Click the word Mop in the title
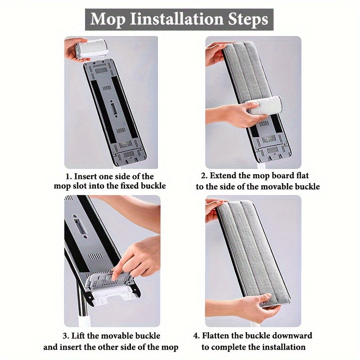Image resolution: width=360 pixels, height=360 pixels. [108, 20]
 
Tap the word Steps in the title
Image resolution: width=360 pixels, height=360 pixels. [248, 20]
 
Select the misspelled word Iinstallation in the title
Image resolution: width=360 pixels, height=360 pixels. [176, 19]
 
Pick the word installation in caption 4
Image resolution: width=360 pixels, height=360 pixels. [284, 346]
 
